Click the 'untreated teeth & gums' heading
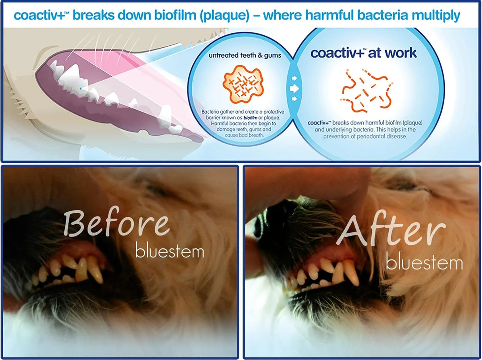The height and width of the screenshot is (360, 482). point(245,56)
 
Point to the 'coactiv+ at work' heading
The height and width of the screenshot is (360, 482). point(363,53)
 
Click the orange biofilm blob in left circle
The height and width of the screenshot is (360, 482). point(243,83)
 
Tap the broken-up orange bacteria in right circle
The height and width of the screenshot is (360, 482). point(367,89)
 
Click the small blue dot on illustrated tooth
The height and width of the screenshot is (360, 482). point(81,88)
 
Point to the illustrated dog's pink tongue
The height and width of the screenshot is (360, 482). point(119,64)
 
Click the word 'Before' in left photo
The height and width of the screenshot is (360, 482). point(116,223)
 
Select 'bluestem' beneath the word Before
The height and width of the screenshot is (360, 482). point(170,251)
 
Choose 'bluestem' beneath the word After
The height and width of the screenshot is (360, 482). point(424,263)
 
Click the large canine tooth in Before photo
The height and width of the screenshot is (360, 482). point(95,269)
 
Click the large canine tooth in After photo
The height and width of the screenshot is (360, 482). point(351,272)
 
